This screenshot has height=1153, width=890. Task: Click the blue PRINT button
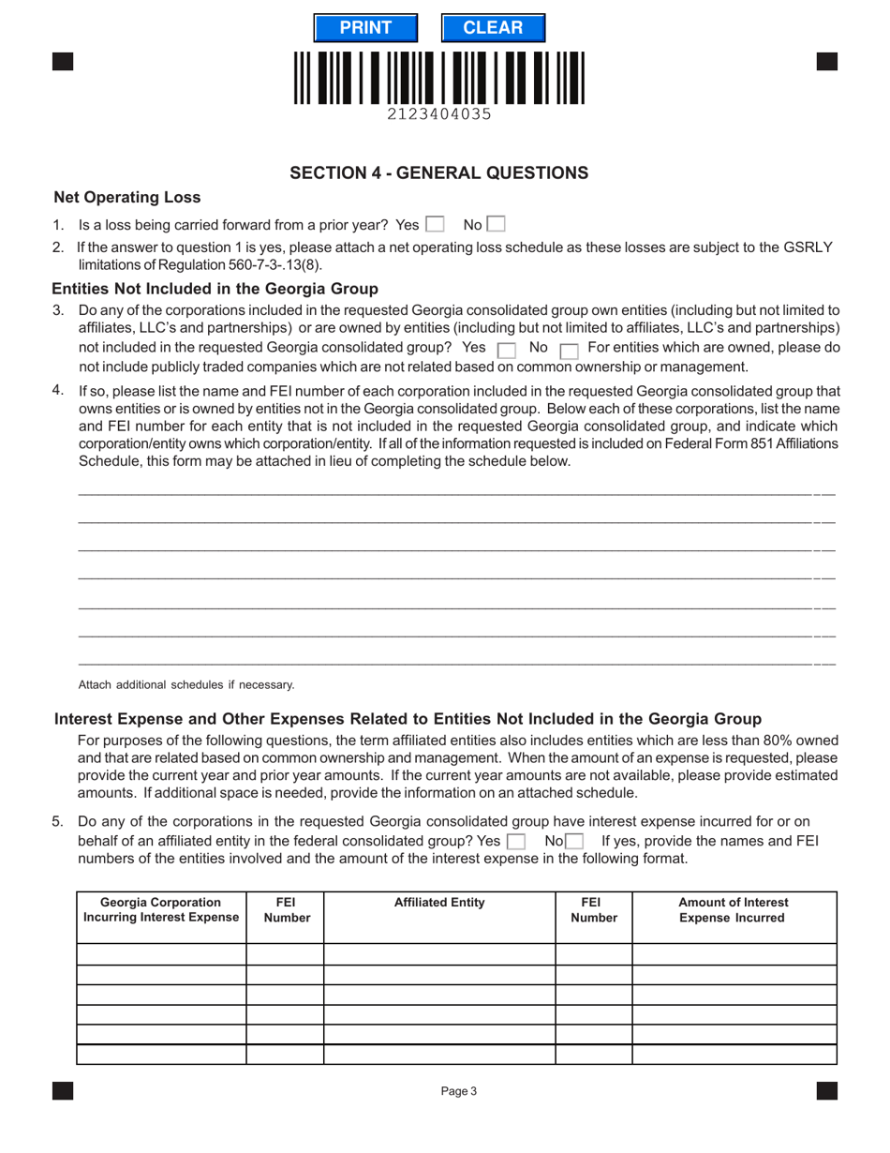click(365, 28)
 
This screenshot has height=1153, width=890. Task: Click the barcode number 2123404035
click(439, 114)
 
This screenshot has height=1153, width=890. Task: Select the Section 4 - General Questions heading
click(439, 172)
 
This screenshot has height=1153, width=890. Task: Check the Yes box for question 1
click(435, 225)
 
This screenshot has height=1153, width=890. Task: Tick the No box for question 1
click(496, 225)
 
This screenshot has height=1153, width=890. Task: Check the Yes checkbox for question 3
click(506, 350)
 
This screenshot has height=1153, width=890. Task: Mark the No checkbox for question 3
click(568, 350)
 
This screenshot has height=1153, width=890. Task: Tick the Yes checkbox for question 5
click(515, 842)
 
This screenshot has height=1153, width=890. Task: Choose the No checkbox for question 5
click(574, 842)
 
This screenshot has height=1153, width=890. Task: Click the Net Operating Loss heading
click(127, 197)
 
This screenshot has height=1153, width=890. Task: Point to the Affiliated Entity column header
click(439, 903)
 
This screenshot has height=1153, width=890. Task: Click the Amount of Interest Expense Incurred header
click(734, 910)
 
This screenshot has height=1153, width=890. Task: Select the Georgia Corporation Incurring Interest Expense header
click(161, 910)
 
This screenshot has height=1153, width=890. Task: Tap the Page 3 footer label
click(459, 1090)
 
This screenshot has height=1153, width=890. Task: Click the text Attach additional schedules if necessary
click(186, 684)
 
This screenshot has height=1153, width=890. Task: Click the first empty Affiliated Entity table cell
click(439, 954)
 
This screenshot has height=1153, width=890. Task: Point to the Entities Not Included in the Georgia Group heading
click(215, 289)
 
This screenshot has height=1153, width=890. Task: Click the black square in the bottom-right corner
click(826, 1090)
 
